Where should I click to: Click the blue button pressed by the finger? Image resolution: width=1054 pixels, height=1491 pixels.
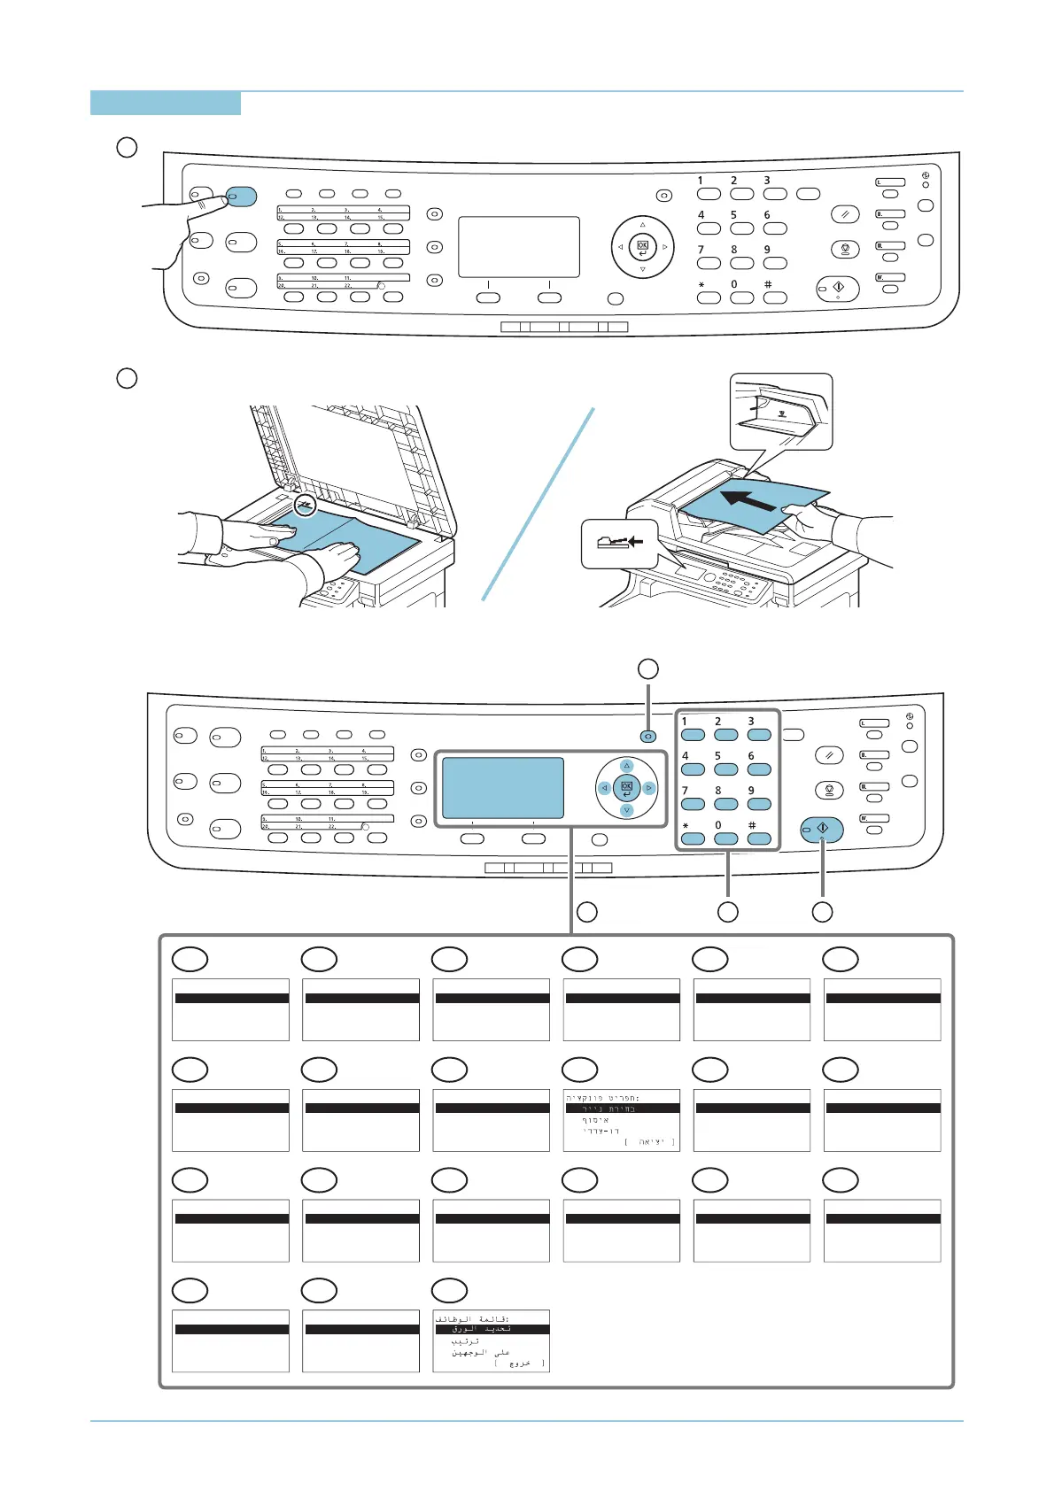tap(241, 196)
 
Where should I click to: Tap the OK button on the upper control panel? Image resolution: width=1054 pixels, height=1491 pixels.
tap(642, 246)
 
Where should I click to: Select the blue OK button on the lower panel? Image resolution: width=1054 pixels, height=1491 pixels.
tap(626, 786)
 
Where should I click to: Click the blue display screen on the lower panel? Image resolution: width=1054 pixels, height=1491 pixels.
tap(502, 787)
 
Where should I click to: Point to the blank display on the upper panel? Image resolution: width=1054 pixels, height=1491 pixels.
tap(519, 247)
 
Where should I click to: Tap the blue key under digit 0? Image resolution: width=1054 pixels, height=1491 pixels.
tap(726, 838)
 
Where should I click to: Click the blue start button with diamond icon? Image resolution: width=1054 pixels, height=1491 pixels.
tap(822, 830)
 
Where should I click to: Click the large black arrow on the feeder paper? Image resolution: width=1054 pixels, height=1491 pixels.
tap(751, 499)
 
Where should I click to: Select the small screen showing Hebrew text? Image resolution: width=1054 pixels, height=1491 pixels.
tap(622, 1120)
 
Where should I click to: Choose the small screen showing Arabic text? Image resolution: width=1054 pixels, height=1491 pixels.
tap(492, 1340)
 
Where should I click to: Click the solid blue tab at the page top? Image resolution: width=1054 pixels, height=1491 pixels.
tap(166, 103)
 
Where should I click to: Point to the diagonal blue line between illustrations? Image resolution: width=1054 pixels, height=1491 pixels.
tap(538, 504)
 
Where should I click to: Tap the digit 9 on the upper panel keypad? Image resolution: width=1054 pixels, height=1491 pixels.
tap(767, 250)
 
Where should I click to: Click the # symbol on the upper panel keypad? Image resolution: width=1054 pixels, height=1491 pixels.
tap(768, 285)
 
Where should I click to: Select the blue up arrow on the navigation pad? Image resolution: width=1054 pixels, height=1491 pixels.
tap(627, 765)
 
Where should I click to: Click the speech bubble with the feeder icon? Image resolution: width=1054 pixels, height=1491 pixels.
tap(619, 543)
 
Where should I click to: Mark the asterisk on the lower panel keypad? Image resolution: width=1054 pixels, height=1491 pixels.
tap(685, 826)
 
